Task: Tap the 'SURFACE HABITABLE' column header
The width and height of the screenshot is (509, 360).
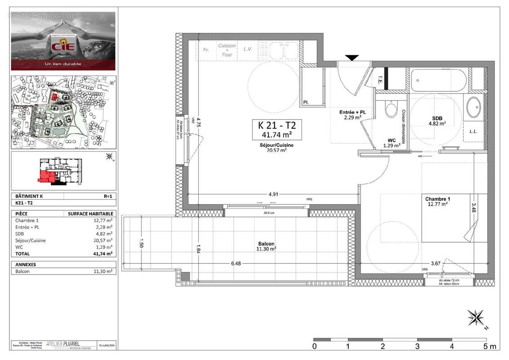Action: [90, 214]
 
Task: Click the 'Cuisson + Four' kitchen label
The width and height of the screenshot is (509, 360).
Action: [227, 50]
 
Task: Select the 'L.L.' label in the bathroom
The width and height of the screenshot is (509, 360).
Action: [473, 131]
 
